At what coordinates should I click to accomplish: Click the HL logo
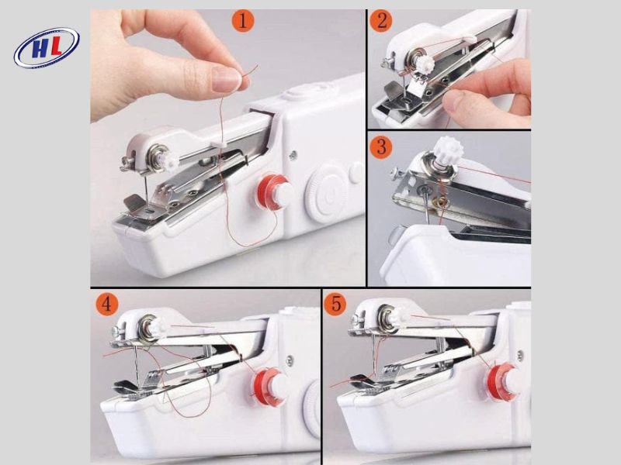click(x=47, y=48)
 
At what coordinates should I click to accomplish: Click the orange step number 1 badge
click(x=243, y=21)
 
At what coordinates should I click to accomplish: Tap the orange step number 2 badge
click(x=380, y=21)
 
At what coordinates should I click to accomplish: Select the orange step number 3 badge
click(x=380, y=145)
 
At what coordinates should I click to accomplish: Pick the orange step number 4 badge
click(x=106, y=303)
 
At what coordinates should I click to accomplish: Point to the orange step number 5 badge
click(x=335, y=303)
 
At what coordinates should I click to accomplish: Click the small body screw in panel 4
click(x=290, y=360)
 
